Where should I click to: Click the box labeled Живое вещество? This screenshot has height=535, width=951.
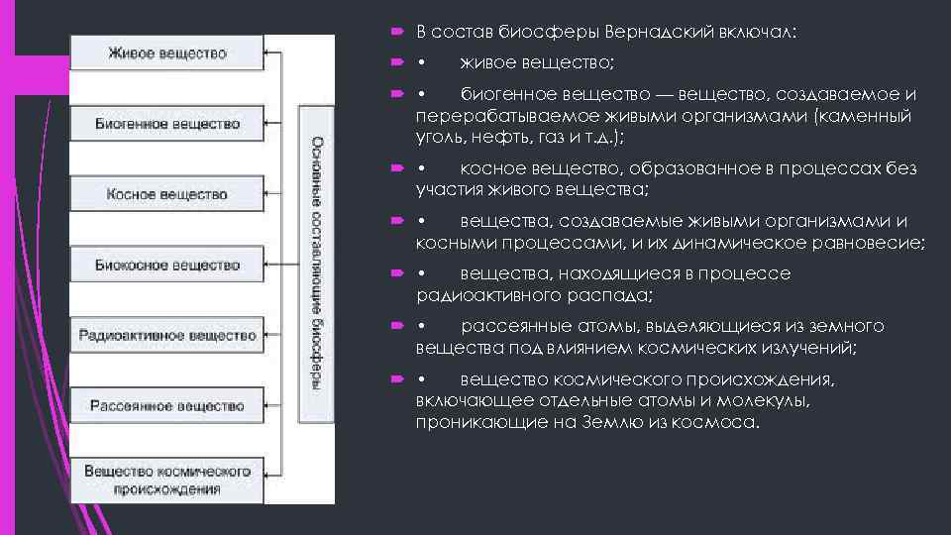point(166,53)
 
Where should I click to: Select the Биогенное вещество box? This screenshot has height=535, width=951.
point(166,124)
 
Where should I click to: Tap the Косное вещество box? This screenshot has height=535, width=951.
point(166,194)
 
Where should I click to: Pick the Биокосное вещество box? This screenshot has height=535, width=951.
point(166,265)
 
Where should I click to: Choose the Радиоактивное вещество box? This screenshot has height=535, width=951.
point(166,335)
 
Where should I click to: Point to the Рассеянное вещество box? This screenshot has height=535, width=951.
point(166,406)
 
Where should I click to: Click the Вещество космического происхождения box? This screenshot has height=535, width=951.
point(166,479)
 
